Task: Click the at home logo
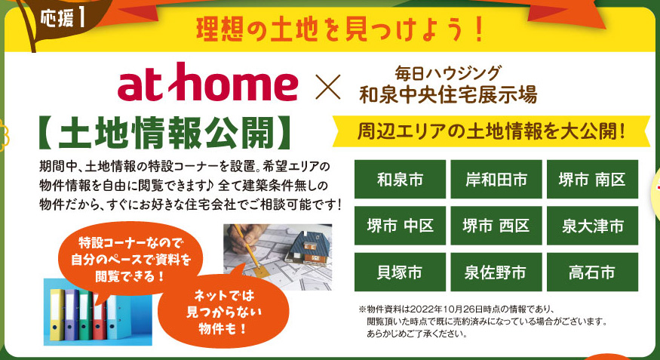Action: [207, 82]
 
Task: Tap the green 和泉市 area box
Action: [400, 180]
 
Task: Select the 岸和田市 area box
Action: [496, 180]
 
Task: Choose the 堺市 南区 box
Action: [592, 180]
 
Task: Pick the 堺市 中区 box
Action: [400, 226]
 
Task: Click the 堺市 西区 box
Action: [496, 226]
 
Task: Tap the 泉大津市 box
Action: [592, 226]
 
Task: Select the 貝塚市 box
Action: [400, 272]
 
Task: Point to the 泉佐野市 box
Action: [496, 272]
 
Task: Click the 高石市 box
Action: [592, 272]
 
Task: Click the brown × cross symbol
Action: [328, 87]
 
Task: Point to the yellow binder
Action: [57, 314]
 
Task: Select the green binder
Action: [85, 315]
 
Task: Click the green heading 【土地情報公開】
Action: [164, 133]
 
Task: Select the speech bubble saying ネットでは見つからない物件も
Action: [223, 312]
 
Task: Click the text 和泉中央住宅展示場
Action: [448, 95]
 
